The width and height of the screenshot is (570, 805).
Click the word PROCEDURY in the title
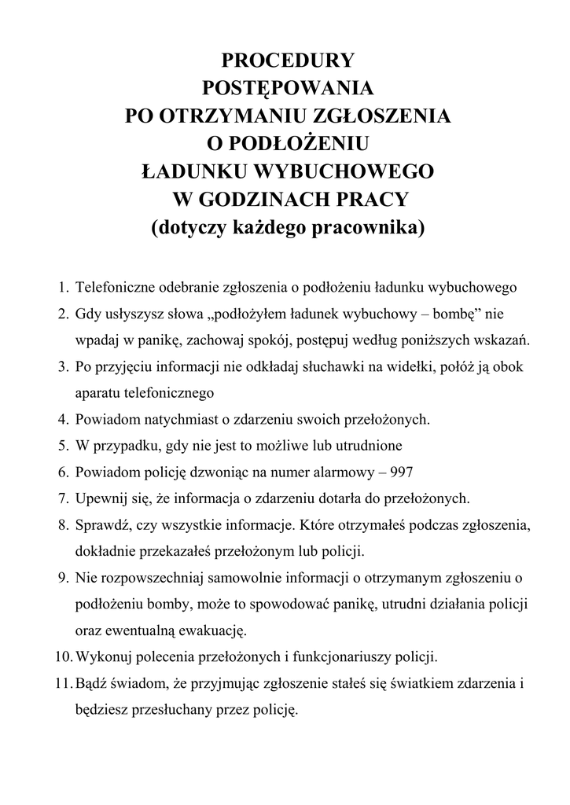tap(289, 61)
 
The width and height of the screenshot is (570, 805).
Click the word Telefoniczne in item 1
tap(114, 288)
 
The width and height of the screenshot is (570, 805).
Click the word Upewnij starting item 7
tap(100, 498)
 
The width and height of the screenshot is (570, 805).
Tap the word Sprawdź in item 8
tap(101, 524)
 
